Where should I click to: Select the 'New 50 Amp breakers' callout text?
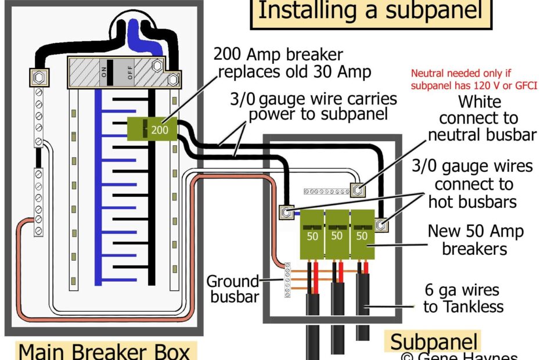pyautogui.click(x=475, y=240)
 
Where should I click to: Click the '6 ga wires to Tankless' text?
pyautogui.click(x=463, y=298)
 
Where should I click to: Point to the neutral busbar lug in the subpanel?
pyautogui.click(x=358, y=189)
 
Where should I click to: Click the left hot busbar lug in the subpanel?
pyautogui.click(x=286, y=213)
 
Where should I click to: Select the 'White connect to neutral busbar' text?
pyautogui.click(x=479, y=118)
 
